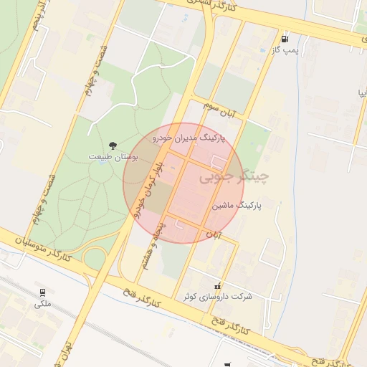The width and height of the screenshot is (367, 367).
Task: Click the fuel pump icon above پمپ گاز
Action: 285,39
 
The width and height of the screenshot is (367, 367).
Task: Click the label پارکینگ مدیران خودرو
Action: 189,137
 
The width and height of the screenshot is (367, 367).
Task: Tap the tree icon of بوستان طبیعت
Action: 113,146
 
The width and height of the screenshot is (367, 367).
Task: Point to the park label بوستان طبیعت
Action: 113,156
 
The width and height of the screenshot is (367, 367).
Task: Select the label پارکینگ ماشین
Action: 237,205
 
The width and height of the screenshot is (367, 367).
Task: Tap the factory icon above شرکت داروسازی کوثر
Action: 218,286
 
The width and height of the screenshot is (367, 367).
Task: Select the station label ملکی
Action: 43,304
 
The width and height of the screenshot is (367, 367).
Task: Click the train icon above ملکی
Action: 43,292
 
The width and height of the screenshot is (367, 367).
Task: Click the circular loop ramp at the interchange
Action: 95,257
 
